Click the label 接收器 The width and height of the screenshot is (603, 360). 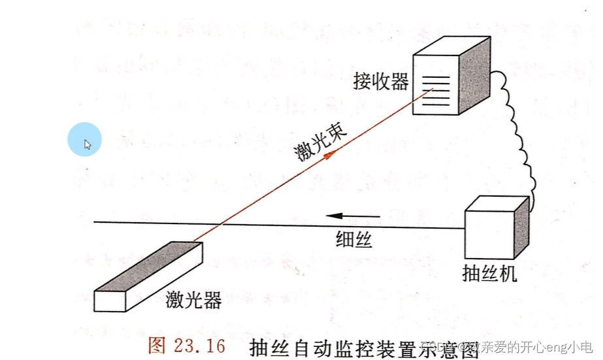coord(381,81)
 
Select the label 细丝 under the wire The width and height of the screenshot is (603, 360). coord(355,240)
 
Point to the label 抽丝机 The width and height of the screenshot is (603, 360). coord(489,273)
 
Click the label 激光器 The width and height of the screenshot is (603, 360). coord(193,301)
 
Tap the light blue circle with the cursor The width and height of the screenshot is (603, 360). coord(85,139)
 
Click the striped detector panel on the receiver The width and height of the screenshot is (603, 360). coord(435,90)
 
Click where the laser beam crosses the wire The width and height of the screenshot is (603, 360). coord(218,225)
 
